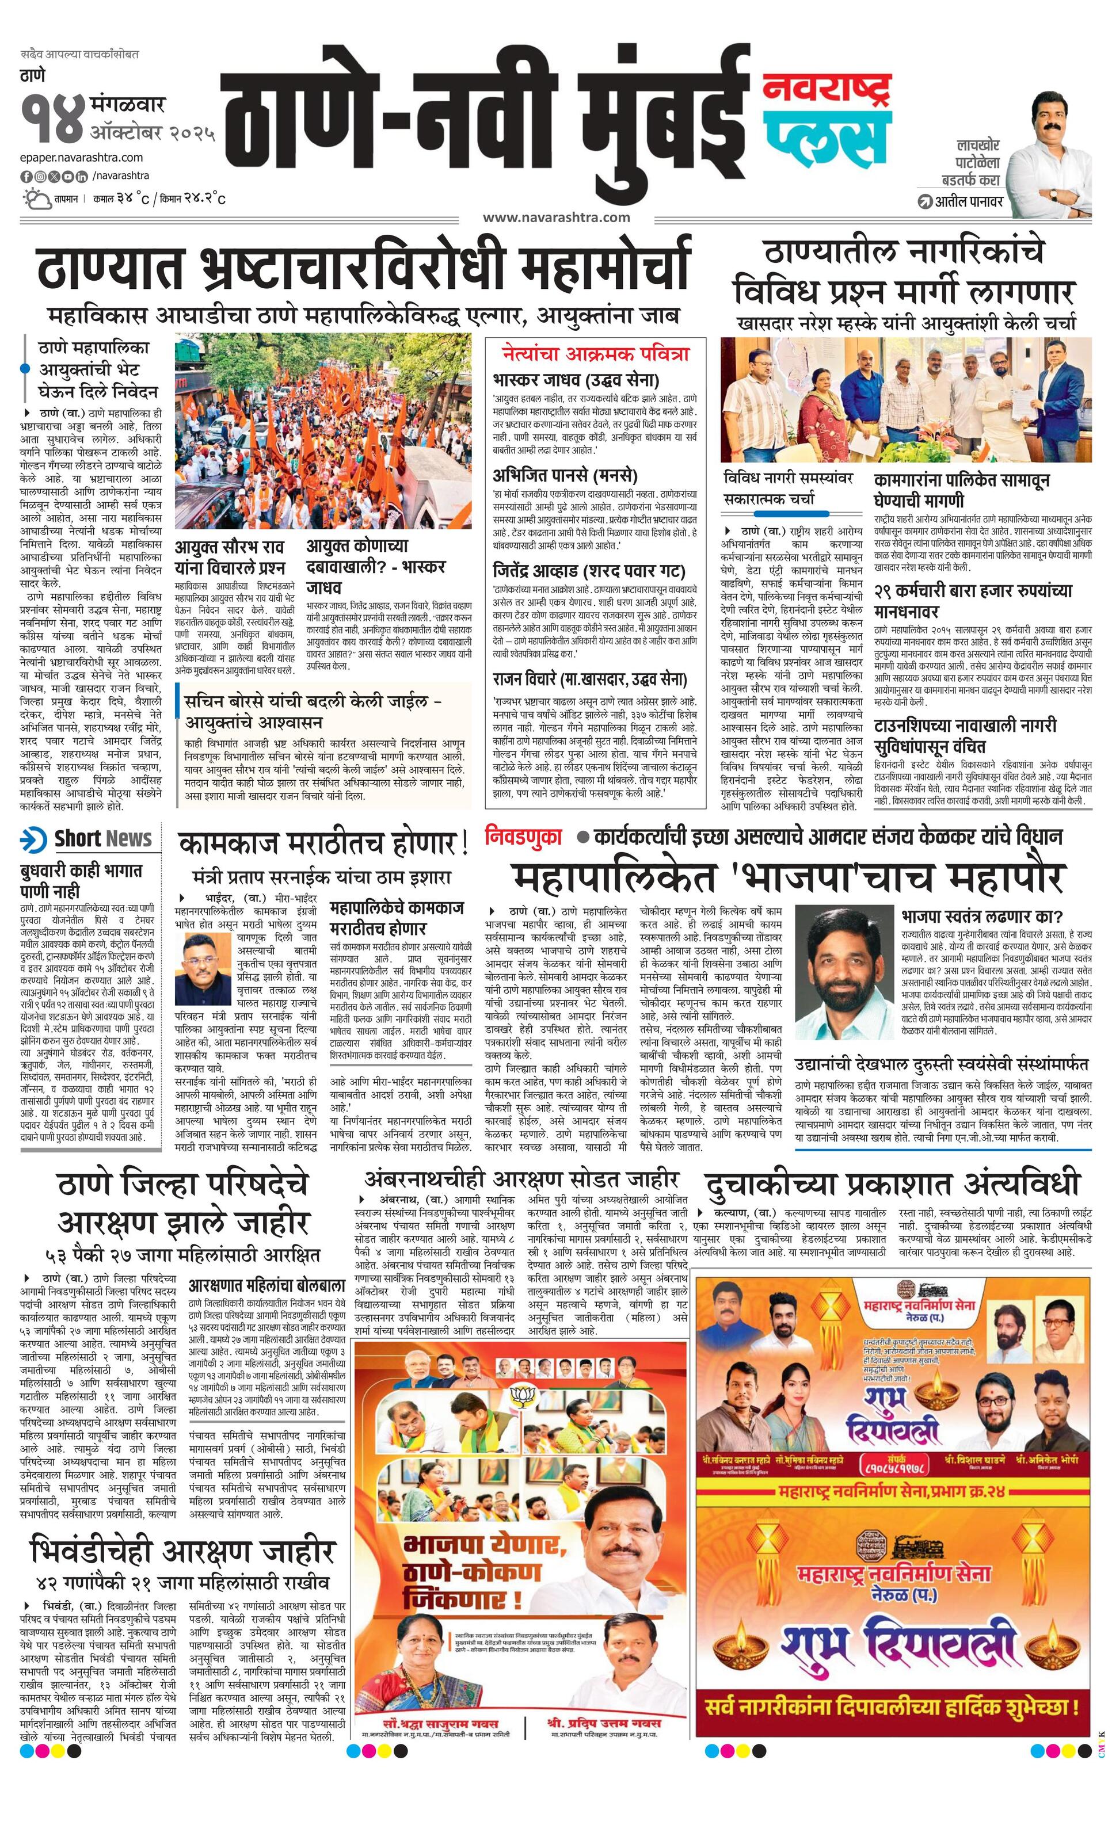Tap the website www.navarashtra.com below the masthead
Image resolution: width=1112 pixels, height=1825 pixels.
555,217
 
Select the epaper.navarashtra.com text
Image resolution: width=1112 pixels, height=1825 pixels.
82,157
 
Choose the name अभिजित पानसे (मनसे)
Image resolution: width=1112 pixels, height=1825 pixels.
565,475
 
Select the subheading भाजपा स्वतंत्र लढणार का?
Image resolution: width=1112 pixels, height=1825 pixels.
981,915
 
